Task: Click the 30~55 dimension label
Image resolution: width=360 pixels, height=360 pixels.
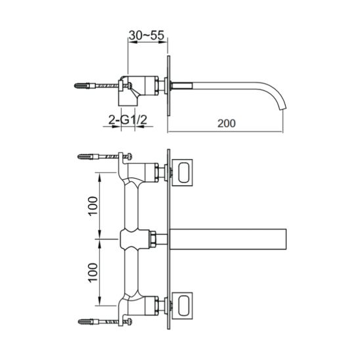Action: click(146, 35)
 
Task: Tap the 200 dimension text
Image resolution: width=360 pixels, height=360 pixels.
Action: click(227, 124)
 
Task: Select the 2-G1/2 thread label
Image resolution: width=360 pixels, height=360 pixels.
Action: click(127, 120)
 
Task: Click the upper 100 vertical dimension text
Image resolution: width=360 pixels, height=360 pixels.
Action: click(93, 206)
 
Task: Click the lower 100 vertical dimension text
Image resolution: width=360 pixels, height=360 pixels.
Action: click(93, 273)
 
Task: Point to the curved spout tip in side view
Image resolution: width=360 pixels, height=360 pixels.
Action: click(282, 108)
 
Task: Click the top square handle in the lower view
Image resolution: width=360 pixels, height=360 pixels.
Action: click(182, 172)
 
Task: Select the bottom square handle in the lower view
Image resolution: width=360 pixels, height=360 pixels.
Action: click(182, 305)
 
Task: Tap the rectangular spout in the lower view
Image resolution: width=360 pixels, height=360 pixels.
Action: click(228, 239)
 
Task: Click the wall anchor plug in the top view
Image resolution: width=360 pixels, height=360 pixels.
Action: click(85, 86)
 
